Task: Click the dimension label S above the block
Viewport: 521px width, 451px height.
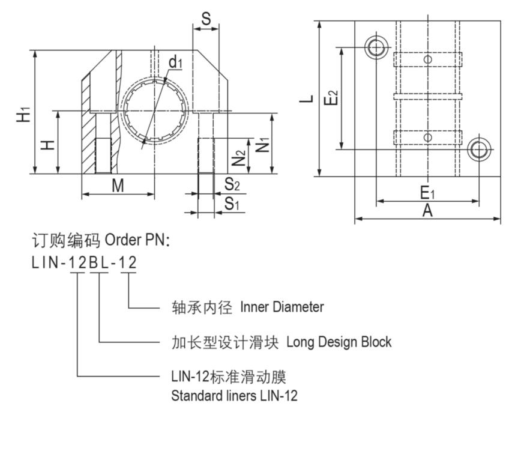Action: click(x=206, y=18)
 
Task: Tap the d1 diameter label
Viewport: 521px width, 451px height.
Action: click(x=175, y=62)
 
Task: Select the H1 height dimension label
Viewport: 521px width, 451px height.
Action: click(x=23, y=114)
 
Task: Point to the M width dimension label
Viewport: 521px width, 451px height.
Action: click(x=118, y=186)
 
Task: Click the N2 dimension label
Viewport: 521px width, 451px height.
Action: click(x=239, y=159)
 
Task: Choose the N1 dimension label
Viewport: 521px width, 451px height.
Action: click(x=262, y=144)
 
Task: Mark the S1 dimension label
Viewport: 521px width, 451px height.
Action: click(x=232, y=204)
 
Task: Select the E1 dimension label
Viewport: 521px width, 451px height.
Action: click(x=426, y=193)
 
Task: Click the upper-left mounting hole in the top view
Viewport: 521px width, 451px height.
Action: click(x=377, y=47)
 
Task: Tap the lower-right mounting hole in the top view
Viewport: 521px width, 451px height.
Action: click(x=478, y=149)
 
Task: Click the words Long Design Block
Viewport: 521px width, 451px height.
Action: click(x=339, y=342)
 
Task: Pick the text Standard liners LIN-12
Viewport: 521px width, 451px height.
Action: click(x=234, y=396)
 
